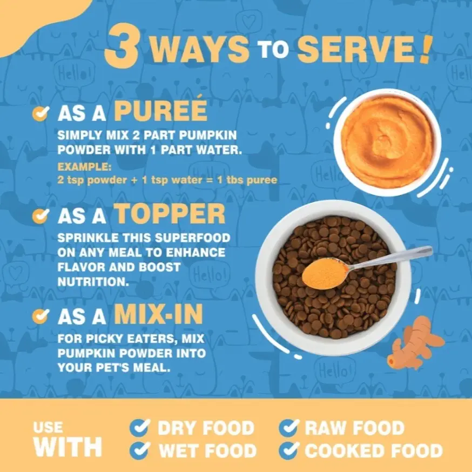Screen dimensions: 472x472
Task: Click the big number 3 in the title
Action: click(122, 46)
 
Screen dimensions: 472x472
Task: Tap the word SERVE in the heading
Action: click(357, 49)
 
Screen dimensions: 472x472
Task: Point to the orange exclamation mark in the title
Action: click(426, 50)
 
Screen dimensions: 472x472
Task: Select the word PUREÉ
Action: click(161, 109)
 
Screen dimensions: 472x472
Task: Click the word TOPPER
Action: click(170, 213)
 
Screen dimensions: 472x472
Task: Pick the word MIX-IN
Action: click(158, 314)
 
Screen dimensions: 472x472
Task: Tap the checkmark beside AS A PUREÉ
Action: click(41, 113)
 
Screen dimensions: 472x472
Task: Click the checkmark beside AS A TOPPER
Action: click(41, 215)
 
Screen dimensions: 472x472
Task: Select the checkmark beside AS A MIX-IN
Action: click(41, 316)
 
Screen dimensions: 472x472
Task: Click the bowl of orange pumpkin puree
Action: click(387, 142)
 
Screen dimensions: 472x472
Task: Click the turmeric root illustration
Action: click(415, 343)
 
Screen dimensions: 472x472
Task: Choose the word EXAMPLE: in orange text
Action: click(84, 166)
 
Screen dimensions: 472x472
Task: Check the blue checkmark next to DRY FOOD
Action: click(140, 428)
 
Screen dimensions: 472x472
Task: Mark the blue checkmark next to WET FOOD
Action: click(140, 450)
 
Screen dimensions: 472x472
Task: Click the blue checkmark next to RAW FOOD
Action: click(289, 428)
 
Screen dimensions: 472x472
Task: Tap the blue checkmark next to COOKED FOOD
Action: click(289, 450)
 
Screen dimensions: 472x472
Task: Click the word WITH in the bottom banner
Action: click(68, 447)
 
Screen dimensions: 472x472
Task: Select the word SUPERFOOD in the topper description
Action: click(193, 238)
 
